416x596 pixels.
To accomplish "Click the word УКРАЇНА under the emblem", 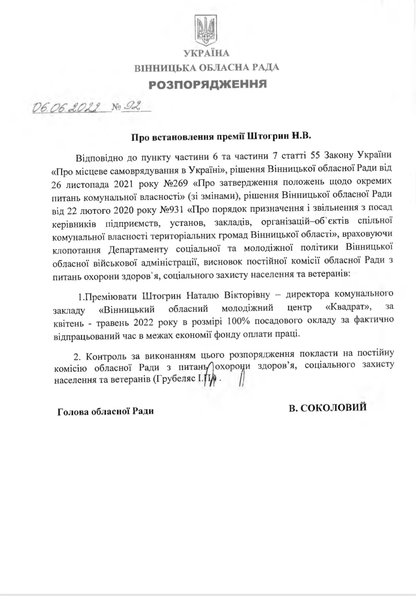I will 206,53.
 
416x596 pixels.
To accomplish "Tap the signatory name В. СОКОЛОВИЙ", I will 328,407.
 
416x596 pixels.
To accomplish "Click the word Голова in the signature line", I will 72,411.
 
